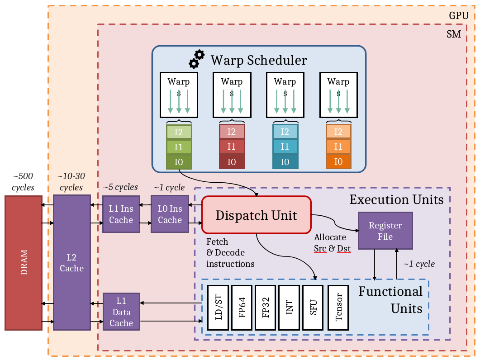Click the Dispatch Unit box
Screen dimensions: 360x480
pos(257,215)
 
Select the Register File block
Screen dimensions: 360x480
pos(385,231)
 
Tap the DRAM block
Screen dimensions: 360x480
pos(24,262)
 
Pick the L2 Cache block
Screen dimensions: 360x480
pos(71,263)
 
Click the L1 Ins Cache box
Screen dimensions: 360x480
pos(121,214)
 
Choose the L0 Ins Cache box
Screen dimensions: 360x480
pos(170,214)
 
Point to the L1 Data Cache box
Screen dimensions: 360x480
pos(121,312)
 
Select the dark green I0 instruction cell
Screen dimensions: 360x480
pos(179,161)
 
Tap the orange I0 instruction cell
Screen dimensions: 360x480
pos(338,161)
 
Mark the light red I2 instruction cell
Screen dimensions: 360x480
pos(232,132)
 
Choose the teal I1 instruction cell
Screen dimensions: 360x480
pos(285,147)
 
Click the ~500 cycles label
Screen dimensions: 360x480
pos(23,181)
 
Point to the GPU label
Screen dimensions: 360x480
pos(458,16)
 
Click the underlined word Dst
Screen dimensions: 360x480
pos(344,248)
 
